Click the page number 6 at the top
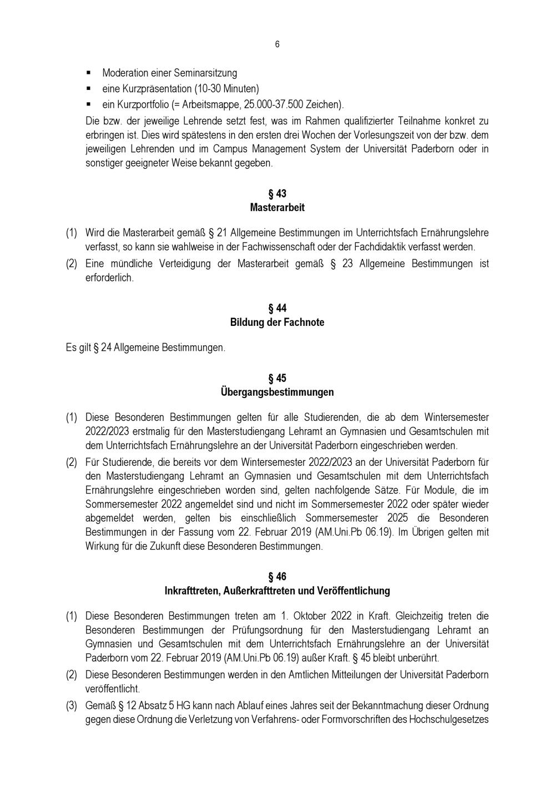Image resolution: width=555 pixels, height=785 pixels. [277, 44]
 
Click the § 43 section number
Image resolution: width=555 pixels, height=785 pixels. [277, 194]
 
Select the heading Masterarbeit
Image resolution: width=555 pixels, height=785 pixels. [277, 208]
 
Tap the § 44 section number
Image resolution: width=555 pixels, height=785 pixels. [277, 308]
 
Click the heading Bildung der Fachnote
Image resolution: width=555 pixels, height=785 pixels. [277, 322]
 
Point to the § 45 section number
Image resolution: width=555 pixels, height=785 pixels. [277, 378]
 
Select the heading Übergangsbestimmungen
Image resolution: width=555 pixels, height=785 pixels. [277, 392]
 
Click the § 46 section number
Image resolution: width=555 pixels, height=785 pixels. [277, 577]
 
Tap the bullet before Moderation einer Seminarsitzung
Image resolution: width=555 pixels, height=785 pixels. [89, 73]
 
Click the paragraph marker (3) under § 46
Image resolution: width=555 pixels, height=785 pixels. [72, 706]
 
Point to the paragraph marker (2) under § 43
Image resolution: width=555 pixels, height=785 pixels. [72, 264]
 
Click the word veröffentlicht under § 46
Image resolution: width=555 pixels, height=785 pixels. [113, 688]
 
